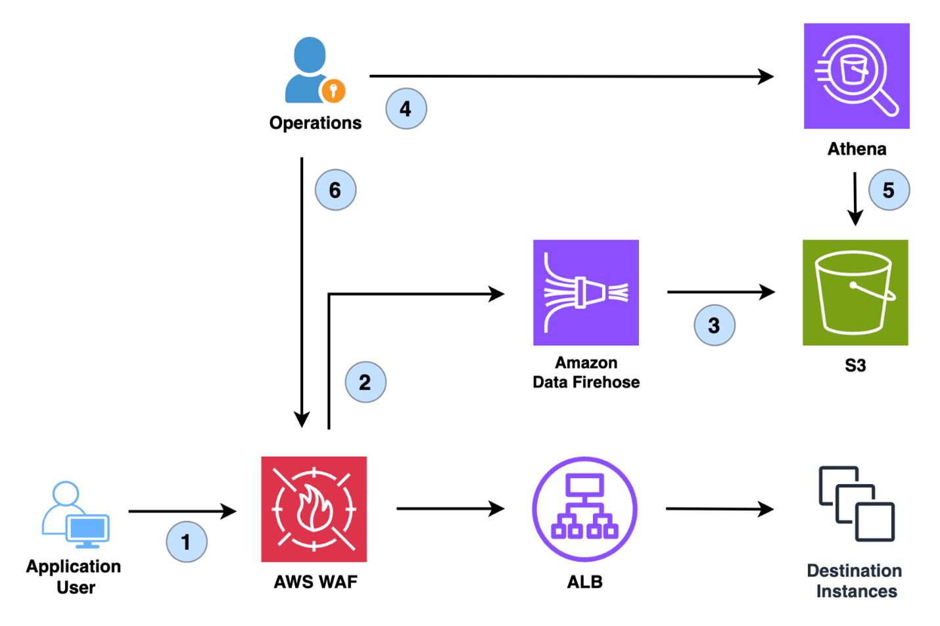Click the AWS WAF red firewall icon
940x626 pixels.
[x=314, y=509]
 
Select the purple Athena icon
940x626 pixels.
[x=856, y=76]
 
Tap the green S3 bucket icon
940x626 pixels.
[x=855, y=292]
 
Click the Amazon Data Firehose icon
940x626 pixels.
[x=586, y=292]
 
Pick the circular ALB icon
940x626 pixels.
[x=584, y=509]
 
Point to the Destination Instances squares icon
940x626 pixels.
[x=857, y=504]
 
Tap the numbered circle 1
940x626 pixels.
[x=187, y=542]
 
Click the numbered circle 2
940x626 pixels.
[x=365, y=382]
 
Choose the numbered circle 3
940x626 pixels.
[x=715, y=325]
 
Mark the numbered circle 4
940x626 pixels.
[x=406, y=108]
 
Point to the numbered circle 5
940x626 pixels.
[x=889, y=190]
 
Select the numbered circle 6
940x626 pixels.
[x=335, y=190]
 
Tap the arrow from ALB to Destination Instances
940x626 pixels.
[x=719, y=508]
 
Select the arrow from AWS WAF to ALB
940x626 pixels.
[x=450, y=508]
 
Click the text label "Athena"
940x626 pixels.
[x=857, y=149]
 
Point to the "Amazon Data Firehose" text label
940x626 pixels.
[x=586, y=372]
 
